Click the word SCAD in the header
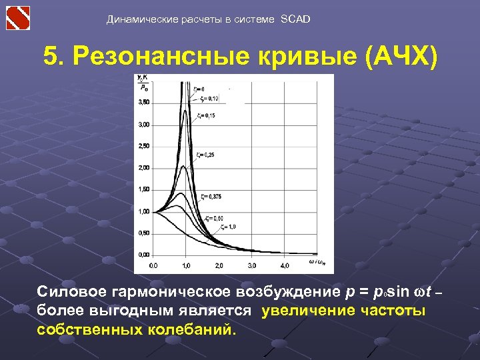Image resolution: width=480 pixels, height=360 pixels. (x=295, y=19)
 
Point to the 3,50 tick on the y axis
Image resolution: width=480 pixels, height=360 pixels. (x=143, y=103)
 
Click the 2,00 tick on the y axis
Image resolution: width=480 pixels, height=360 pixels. (x=143, y=168)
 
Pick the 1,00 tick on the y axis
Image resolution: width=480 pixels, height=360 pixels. (x=143, y=211)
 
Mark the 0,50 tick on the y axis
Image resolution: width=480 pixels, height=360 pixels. (x=143, y=233)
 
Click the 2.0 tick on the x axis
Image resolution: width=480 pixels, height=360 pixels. (x=219, y=265)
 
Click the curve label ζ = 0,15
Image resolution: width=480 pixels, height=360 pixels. (x=206, y=115)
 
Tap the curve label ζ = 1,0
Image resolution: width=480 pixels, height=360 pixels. (x=229, y=227)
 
